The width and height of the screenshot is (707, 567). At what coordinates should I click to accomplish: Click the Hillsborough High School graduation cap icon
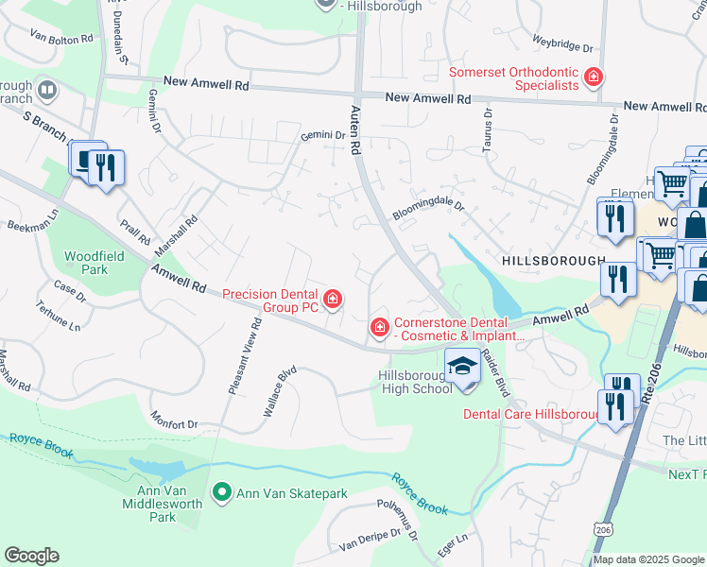[462, 365]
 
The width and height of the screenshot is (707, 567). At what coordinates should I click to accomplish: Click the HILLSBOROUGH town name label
[553, 260]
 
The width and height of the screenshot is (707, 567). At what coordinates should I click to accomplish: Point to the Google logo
[31, 556]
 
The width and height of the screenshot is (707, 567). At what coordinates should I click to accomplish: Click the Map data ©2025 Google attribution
[648, 559]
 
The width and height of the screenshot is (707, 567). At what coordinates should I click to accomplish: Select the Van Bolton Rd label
[61, 39]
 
